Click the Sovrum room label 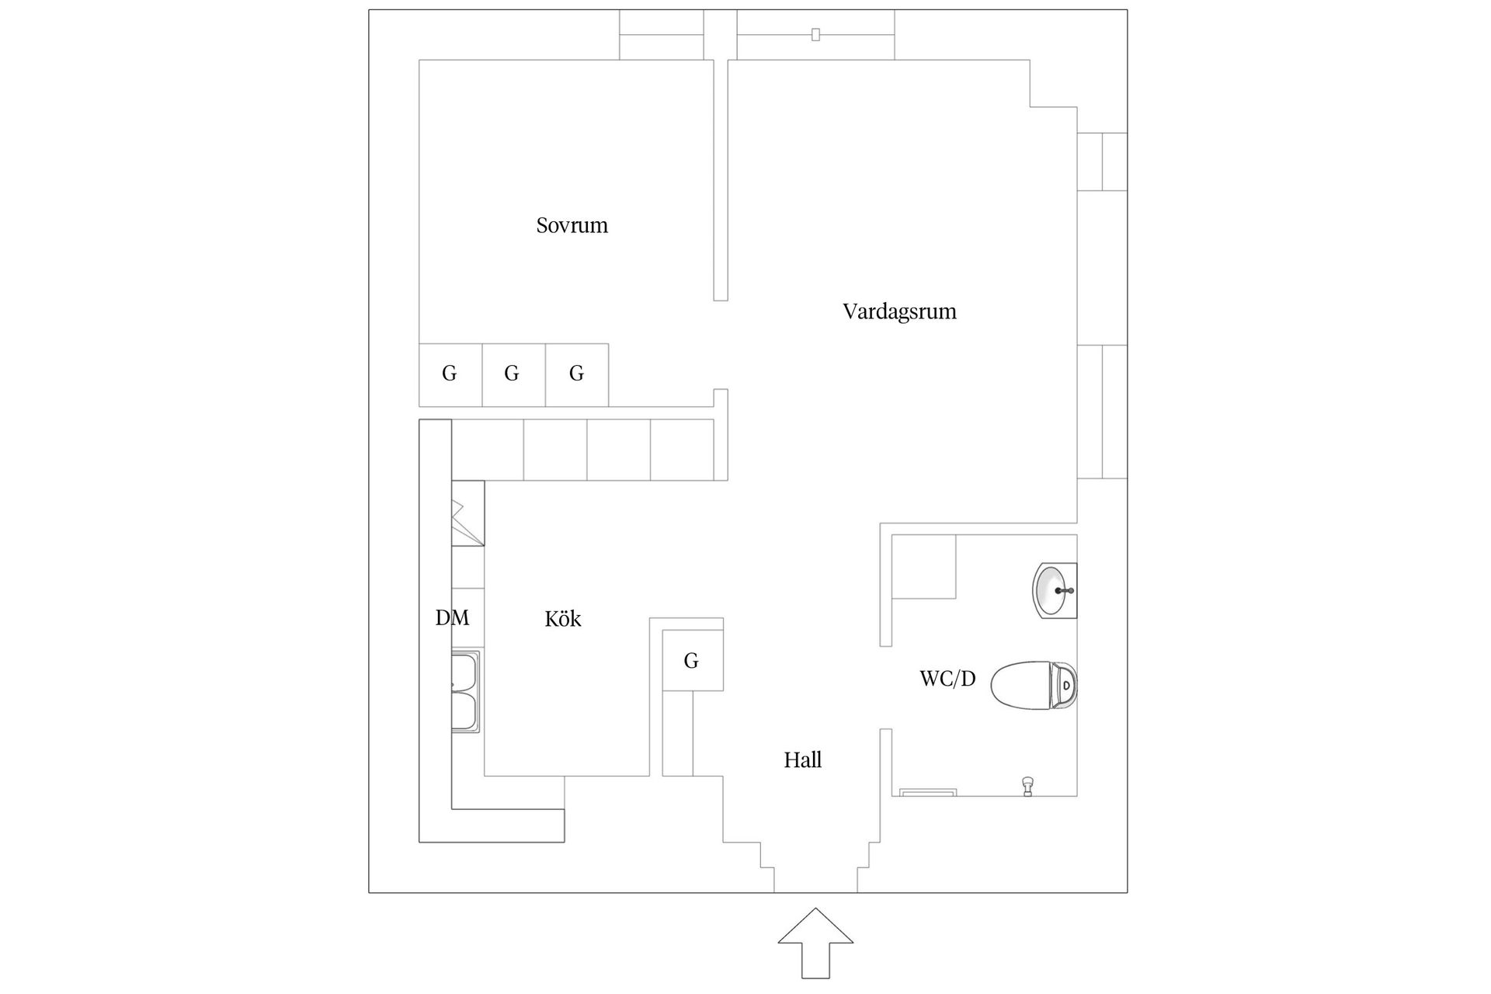pos(572,225)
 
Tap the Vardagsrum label pos(899,311)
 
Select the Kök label pos(563,619)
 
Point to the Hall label pos(802,759)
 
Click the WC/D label pos(947,679)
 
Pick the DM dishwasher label pos(452,617)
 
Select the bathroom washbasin pos(1054,591)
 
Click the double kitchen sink pos(466,691)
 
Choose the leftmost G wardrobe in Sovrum pos(450,374)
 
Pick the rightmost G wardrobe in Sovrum pos(576,374)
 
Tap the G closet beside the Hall pos(692,661)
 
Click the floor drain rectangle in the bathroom pos(928,792)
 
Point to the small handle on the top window pos(815,34)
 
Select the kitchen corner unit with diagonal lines pos(467,513)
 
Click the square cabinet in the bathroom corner pos(923,566)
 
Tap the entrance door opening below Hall pos(815,885)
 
